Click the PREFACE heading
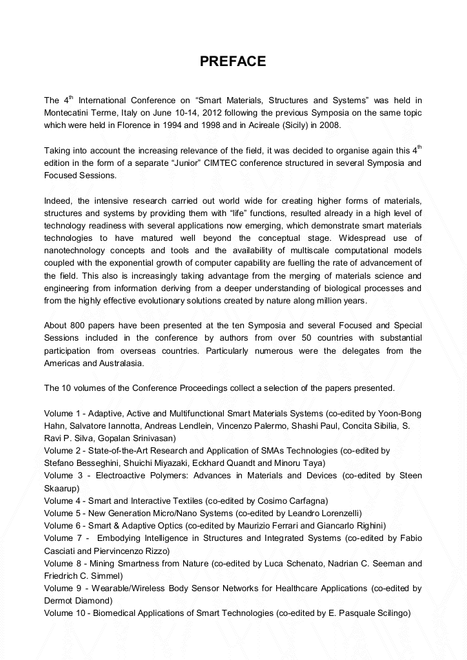(x=233, y=62)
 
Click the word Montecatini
(x=70, y=112)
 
